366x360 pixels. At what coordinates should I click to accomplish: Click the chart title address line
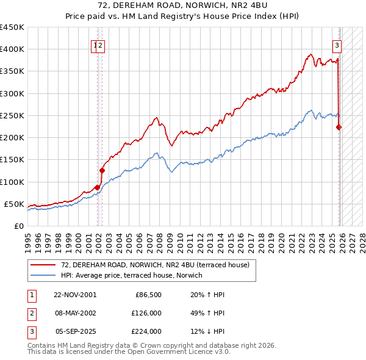pyautogui.click(x=183, y=5)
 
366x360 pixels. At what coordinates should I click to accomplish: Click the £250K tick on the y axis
pyautogui.click(x=12, y=115)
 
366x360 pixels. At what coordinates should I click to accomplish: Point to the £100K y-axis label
pyautogui.click(x=12, y=182)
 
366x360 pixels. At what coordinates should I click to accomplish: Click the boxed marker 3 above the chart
pyautogui.click(x=336, y=45)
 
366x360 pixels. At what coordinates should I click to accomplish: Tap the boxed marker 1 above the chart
pyautogui.click(x=96, y=45)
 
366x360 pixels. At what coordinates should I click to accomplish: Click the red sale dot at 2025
pyautogui.click(x=339, y=127)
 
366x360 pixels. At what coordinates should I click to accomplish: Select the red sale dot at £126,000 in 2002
pyautogui.click(x=102, y=170)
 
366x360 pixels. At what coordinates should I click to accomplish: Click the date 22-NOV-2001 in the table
pyautogui.click(x=75, y=295)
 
